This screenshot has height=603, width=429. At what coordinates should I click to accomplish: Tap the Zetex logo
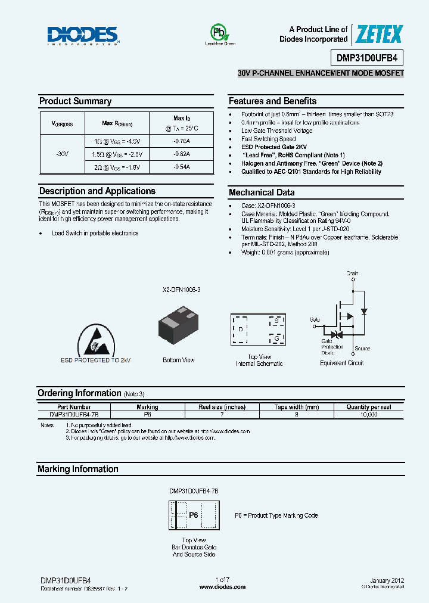pyautogui.click(x=379, y=35)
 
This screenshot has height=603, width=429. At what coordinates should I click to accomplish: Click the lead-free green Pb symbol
pyautogui.click(x=220, y=33)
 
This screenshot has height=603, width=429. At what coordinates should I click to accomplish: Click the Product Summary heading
pyautogui.click(x=75, y=101)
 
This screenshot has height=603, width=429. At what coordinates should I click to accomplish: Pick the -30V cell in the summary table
pyautogui.click(x=62, y=154)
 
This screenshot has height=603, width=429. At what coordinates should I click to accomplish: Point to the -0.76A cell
pyautogui.click(x=182, y=141)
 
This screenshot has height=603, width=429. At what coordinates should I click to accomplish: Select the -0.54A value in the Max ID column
pyautogui.click(x=182, y=167)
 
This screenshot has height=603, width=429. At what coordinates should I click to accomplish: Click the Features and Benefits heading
pyautogui.click(x=272, y=101)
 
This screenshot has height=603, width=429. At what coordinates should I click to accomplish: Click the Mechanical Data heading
pyautogui.click(x=261, y=192)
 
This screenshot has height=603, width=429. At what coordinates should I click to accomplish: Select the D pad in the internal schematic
pyautogui.click(x=240, y=329)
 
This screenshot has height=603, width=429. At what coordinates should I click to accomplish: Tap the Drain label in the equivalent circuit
pyautogui.click(x=353, y=273)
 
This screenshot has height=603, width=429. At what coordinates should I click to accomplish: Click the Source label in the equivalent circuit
pyautogui.click(x=362, y=349)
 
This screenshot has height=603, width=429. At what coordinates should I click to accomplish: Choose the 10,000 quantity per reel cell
pyautogui.click(x=369, y=414)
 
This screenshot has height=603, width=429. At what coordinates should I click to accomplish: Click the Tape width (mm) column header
pyautogui.click(x=296, y=407)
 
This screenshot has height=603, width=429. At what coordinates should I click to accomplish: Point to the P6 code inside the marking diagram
pyautogui.click(x=194, y=515)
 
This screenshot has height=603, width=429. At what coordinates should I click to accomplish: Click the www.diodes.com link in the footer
pyautogui.click(x=222, y=587)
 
